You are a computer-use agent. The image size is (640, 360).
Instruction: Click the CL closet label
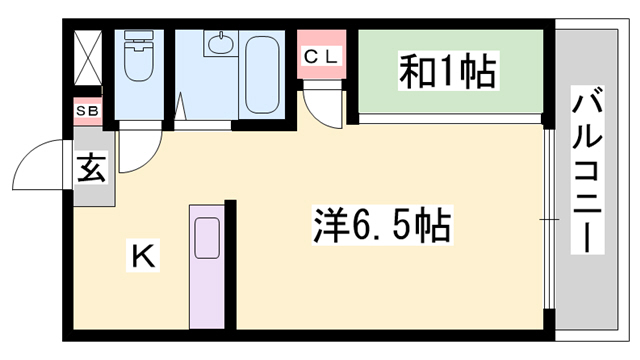(321, 56)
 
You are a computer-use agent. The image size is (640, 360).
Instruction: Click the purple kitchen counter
(207, 268)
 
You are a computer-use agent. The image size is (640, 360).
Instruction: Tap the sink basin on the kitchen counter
(207, 238)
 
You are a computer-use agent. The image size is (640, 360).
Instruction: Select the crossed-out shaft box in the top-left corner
(86, 58)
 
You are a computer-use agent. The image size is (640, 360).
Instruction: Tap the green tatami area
(450, 74)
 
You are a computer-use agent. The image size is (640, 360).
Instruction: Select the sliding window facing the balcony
(548, 218)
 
